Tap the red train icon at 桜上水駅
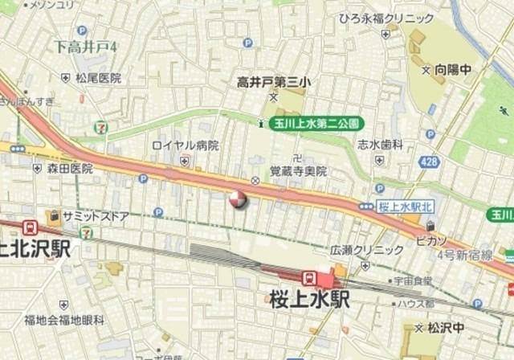click(x=308, y=277)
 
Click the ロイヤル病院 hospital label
click(x=186, y=145)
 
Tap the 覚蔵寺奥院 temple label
click(x=298, y=171)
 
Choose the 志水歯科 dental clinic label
click(x=381, y=145)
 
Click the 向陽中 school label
click(x=453, y=70)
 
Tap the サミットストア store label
click(x=89, y=215)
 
